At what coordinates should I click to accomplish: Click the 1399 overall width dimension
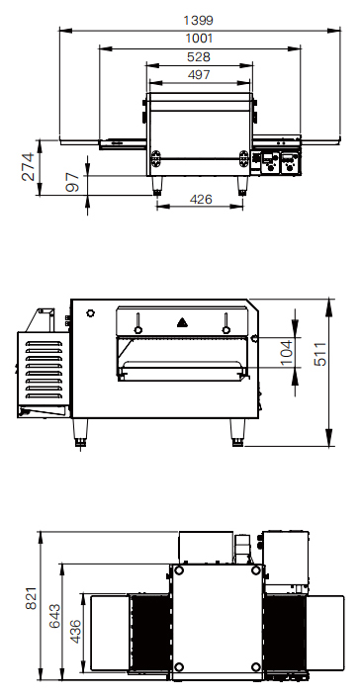tap(198, 21)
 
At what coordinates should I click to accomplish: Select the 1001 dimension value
tap(199, 39)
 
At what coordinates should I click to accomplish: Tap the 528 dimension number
tap(199, 57)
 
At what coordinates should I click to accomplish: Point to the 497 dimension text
tap(199, 75)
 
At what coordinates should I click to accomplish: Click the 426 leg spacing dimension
tap(201, 200)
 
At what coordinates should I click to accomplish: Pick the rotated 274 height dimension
tap(28, 167)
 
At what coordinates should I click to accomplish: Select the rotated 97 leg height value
tap(72, 183)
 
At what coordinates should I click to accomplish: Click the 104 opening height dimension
tap(286, 353)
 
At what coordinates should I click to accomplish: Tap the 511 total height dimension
tap(320, 354)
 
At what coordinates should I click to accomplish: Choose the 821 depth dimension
tap(31, 597)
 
